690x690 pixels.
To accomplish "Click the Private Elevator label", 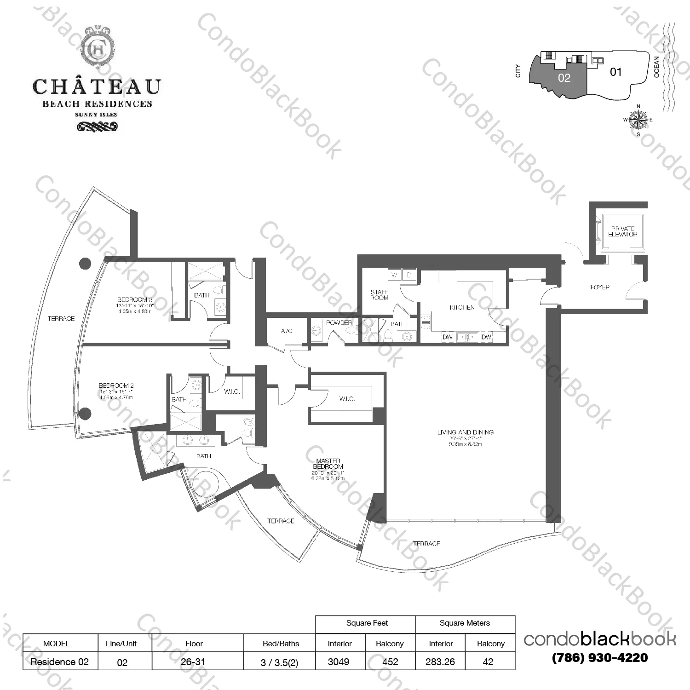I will tap(622, 231).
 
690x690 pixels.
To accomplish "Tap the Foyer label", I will tap(599, 287).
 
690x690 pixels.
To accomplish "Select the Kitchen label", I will tap(462, 307).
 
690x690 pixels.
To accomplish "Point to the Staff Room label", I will tap(379, 295).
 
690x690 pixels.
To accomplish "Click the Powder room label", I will tap(339, 323).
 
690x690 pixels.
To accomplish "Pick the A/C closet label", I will tap(287, 331).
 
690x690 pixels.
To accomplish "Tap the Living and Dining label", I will tap(465, 432).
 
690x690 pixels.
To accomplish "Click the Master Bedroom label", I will tap(328, 464).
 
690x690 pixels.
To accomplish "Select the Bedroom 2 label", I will tap(116, 386).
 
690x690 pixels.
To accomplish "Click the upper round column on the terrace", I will tap(85, 264).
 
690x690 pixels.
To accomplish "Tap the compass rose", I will tap(638, 120).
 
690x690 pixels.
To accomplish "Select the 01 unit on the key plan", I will tap(615, 72).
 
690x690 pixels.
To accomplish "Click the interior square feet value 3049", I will tap(339, 662).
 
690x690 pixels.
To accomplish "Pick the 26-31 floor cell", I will tap(193, 662).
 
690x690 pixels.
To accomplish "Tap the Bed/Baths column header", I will tap(281, 644).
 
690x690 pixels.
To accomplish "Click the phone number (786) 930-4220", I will tap(599, 658).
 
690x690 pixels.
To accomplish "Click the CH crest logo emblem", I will tap(97, 48).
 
